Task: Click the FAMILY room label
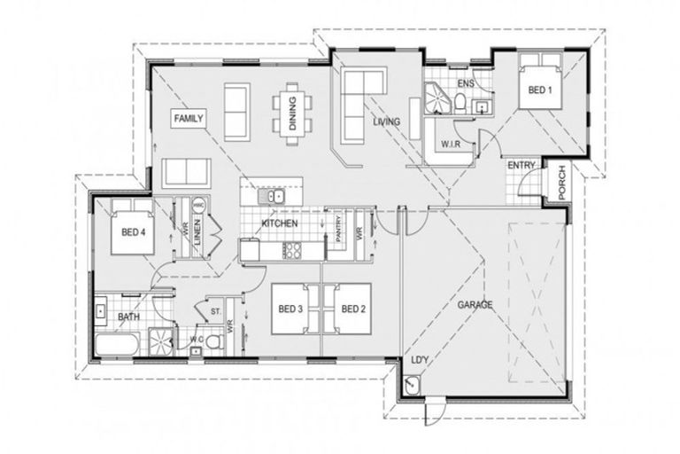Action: [x=189, y=118]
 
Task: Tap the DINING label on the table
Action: [x=292, y=111]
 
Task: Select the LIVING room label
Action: [x=386, y=121]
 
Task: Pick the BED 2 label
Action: [x=352, y=309]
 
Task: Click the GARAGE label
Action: [x=475, y=305]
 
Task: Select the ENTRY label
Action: [x=520, y=166]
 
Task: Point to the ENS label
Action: [x=467, y=85]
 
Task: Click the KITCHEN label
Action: [x=279, y=224]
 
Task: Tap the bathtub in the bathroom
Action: [x=116, y=346]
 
